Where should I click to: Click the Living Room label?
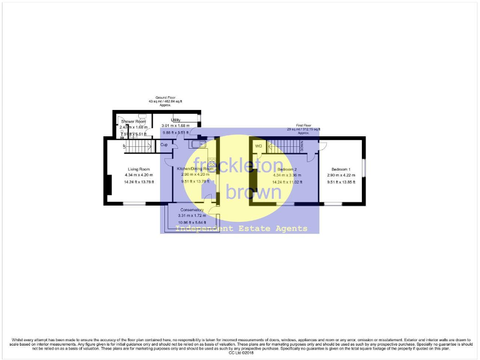[139, 169]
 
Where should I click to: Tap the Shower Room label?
[132, 121]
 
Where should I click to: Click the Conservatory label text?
[192, 209]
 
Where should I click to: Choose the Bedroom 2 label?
[287, 169]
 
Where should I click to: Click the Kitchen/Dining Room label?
[195, 169]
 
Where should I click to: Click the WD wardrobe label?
[258, 146]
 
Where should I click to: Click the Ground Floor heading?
[166, 97]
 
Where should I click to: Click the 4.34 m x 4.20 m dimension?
[139, 175]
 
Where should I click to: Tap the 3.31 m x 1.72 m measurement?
[192, 216]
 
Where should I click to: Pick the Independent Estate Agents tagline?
[241, 229]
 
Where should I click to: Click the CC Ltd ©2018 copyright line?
[240, 354]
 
